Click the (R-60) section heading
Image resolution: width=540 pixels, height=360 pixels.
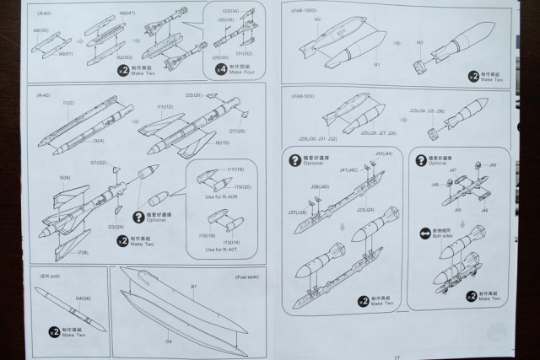pyautogui.click(x=44, y=14)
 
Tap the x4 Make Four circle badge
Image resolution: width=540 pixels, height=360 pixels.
pyautogui.click(x=221, y=69)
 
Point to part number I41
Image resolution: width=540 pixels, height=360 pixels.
pyautogui.click(x=376, y=63)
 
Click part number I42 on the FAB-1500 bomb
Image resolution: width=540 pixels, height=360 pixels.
pyautogui.click(x=318, y=19)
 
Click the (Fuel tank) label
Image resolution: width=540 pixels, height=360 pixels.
pyautogui.click(x=246, y=277)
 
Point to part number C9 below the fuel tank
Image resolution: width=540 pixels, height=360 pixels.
pyautogui.click(x=168, y=341)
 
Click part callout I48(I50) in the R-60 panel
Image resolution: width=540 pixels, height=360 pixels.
pyautogui.click(x=40, y=30)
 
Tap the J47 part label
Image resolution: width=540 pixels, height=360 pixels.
pyautogui.click(x=453, y=169)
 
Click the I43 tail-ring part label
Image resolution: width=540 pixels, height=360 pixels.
pyautogui.click(x=419, y=41)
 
